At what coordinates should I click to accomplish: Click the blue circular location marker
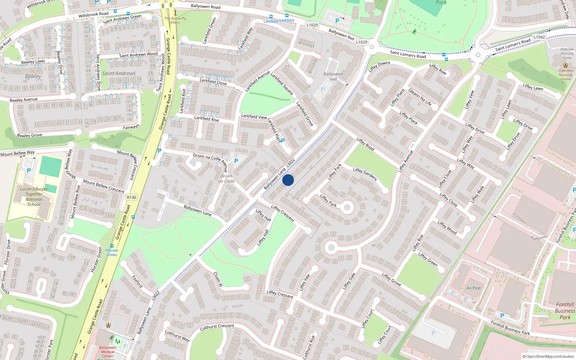tap(288, 180)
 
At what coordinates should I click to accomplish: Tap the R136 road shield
tap(131, 197)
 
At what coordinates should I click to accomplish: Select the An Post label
tap(473, 288)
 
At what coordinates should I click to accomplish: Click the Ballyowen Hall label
tap(333, 76)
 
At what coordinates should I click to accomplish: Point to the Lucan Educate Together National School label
tap(34, 197)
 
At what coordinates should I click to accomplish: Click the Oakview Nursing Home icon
tap(566, 65)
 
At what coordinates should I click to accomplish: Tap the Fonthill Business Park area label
tap(565, 311)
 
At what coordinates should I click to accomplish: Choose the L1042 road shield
tap(539, 37)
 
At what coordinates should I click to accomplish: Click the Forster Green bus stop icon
tap(112, 246)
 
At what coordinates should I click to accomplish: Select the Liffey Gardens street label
tap(365, 174)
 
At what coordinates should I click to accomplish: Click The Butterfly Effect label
tap(175, 21)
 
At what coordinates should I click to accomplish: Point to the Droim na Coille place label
tap(226, 179)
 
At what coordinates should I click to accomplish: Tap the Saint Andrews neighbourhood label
tap(119, 73)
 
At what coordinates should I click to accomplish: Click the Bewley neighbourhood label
tap(33, 76)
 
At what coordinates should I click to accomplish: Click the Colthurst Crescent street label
tap(217, 327)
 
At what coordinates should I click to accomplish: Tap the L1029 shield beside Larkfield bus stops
tap(312, 25)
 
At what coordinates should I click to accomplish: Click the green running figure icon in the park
tap(414, 32)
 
